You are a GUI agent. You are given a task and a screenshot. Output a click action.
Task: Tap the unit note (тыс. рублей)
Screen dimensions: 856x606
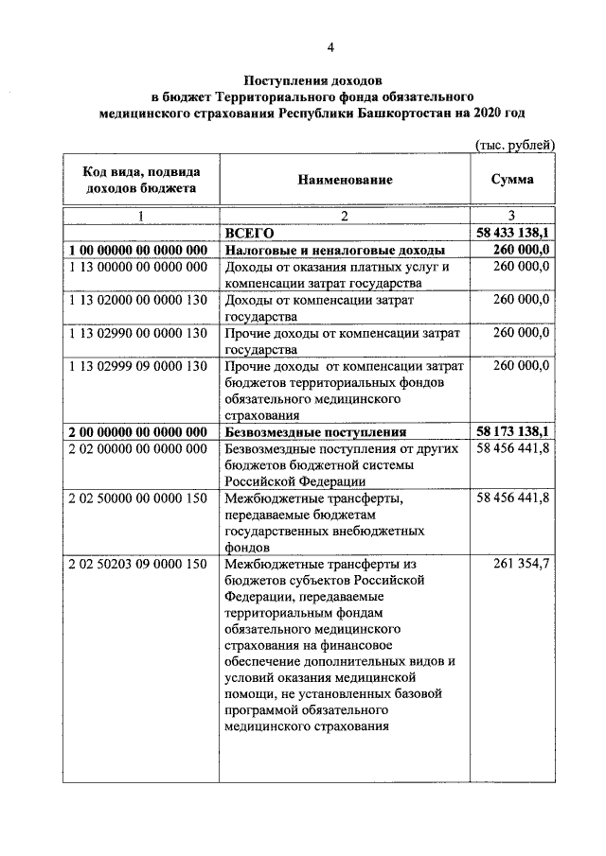[x=513, y=145]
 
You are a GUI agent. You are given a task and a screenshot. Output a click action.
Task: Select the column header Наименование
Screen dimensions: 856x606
[x=345, y=179]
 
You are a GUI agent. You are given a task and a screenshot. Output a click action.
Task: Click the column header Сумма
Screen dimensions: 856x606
[x=512, y=179]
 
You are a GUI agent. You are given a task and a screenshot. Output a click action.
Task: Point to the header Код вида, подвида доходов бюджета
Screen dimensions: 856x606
[x=140, y=179]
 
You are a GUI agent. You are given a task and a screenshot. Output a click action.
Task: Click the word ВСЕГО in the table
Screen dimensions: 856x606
[x=249, y=232]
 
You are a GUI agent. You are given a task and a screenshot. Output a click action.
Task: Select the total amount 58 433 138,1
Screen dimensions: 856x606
[x=511, y=232]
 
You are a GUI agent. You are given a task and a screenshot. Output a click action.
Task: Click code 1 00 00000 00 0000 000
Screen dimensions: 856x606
[x=138, y=250]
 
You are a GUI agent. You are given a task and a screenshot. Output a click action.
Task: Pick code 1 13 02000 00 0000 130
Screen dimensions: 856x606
[x=138, y=300]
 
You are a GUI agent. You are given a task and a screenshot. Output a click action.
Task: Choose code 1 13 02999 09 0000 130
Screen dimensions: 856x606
[x=138, y=366]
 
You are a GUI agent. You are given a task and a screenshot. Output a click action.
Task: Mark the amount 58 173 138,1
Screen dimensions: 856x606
[x=511, y=431]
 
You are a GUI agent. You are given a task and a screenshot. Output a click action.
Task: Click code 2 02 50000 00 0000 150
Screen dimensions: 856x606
[x=138, y=498]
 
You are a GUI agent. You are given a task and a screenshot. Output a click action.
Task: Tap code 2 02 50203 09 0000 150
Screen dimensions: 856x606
[x=138, y=565]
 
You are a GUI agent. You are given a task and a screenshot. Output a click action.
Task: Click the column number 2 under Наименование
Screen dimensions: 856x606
[x=345, y=216]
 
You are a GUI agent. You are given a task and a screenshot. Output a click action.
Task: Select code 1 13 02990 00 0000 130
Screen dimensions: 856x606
[x=138, y=333]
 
